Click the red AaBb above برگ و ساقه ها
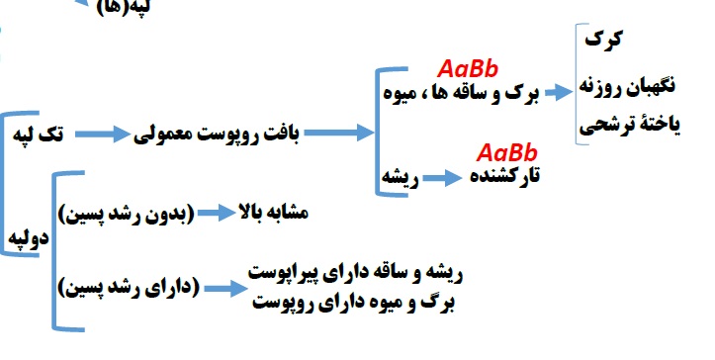[x=469, y=69]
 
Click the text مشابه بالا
[x=276, y=213]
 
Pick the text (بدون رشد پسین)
[x=127, y=214]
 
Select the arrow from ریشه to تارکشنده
[x=443, y=179]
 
